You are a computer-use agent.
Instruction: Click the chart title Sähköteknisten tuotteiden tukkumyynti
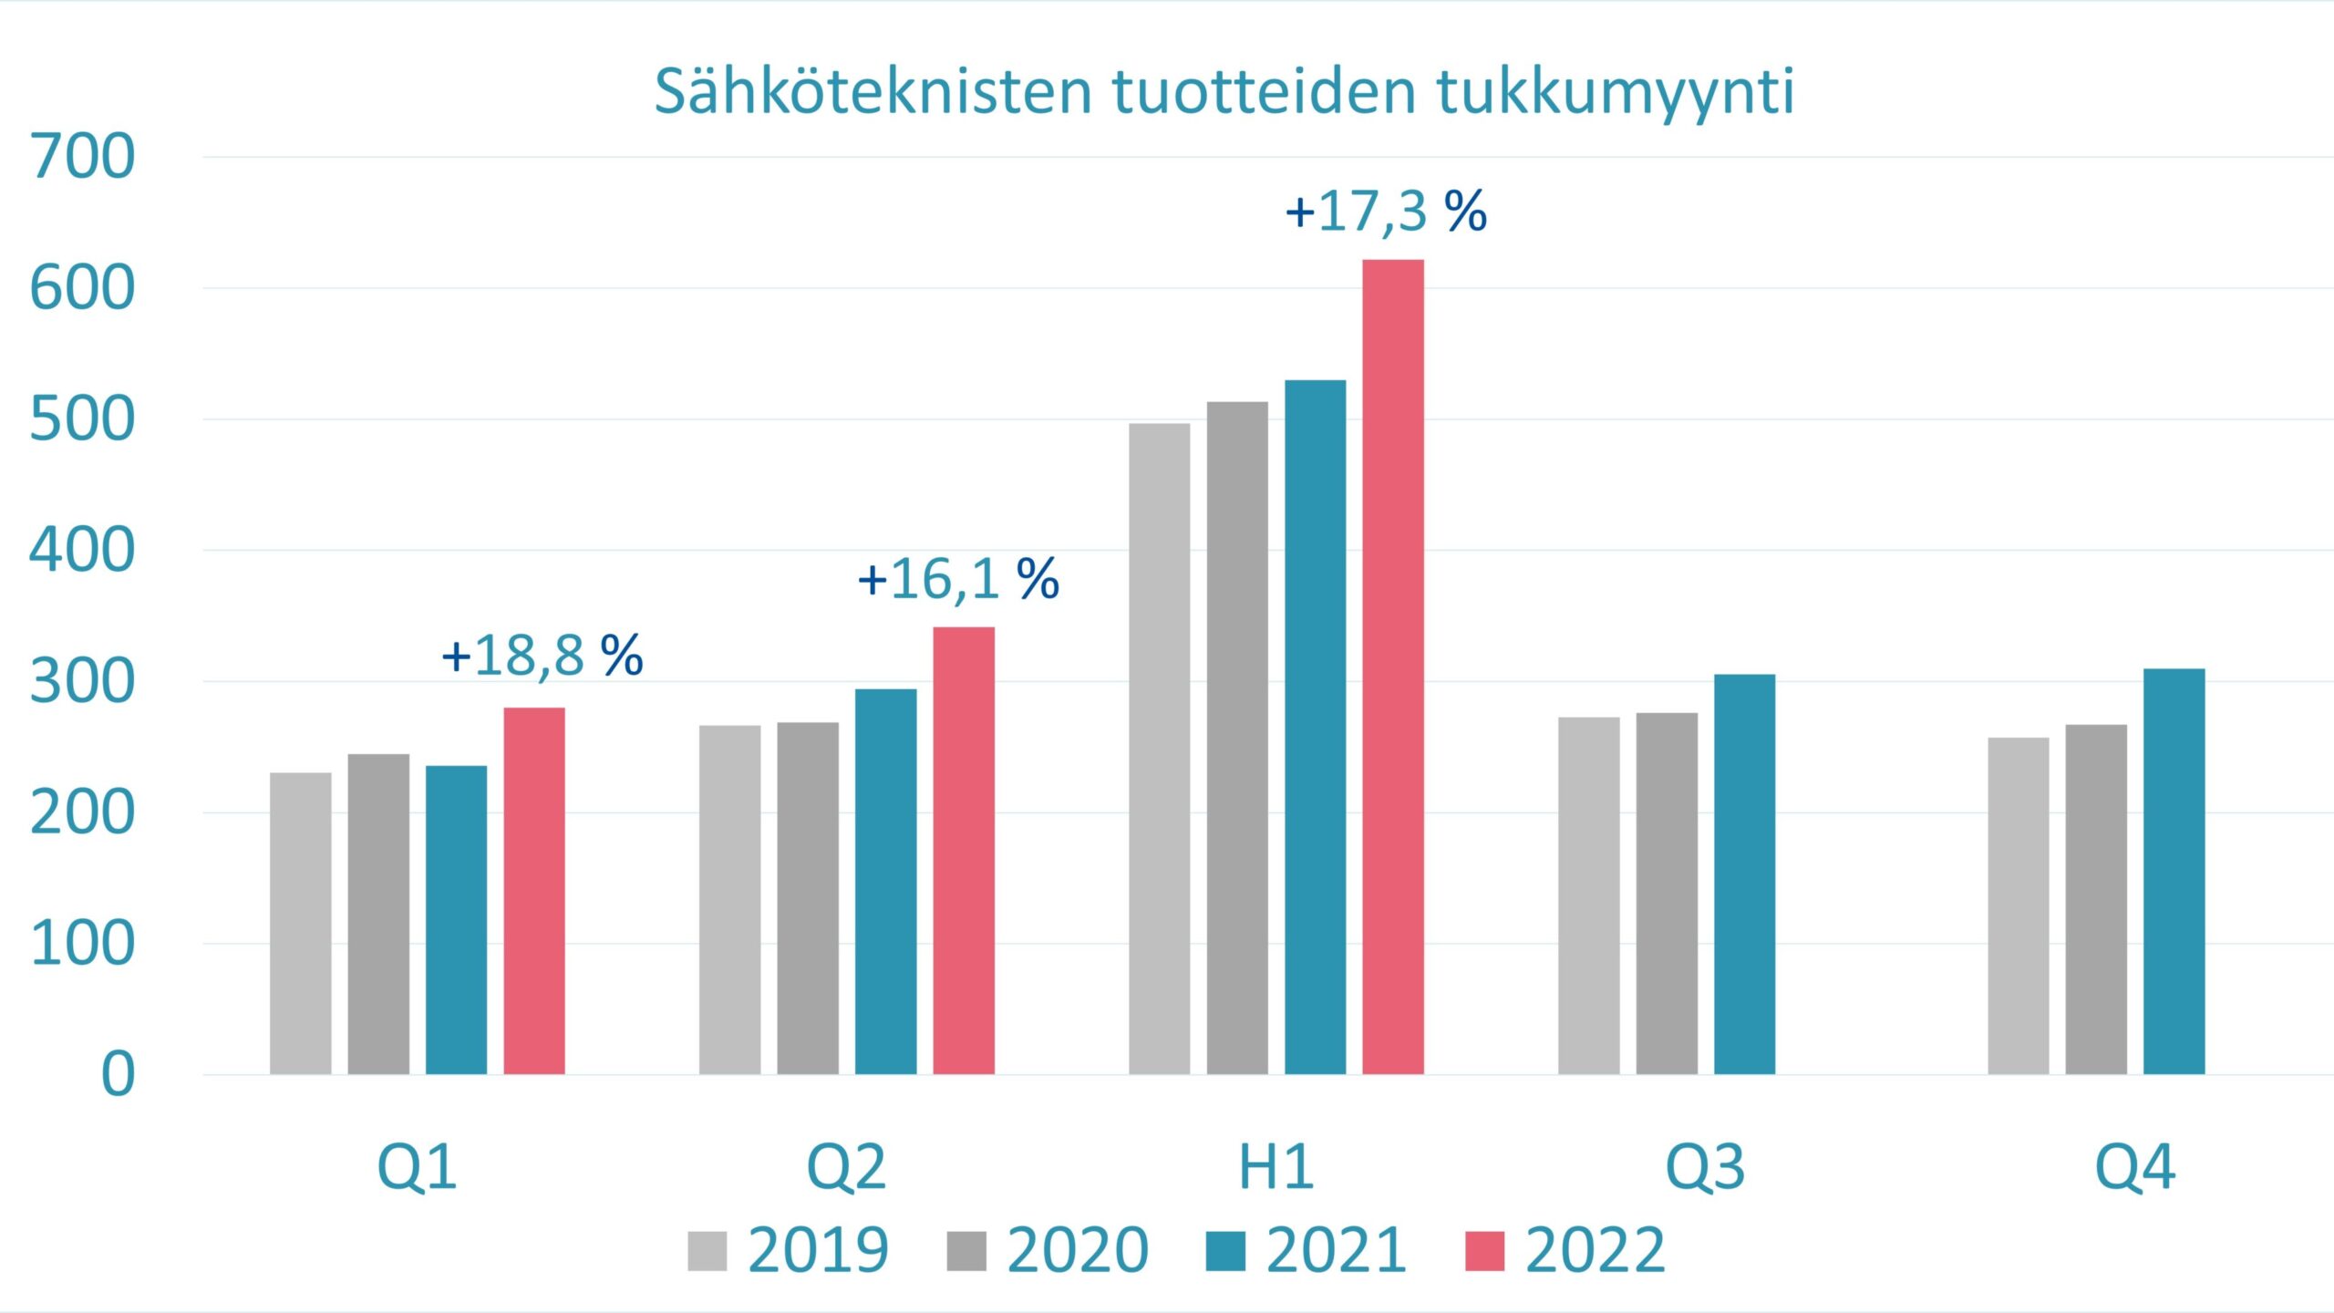(x=1224, y=91)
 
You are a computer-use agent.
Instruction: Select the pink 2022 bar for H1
(x=1393, y=667)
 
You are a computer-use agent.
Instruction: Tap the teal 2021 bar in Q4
(x=2174, y=871)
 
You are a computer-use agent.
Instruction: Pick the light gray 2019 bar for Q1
(x=301, y=923)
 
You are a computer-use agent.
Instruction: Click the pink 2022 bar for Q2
(x=964, y=850)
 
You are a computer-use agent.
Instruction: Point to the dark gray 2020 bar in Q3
(x=1667, y=893)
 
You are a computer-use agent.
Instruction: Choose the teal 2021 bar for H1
(x=1315, y=727)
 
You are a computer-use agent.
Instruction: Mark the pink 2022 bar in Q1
(x=534, y=890)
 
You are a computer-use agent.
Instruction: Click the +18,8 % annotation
(x=542, y=656)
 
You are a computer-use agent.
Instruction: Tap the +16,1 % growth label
(x=958, y=579)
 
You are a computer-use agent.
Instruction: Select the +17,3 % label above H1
(x=1386, y=212)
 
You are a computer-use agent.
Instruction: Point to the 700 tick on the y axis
(x=83, y=157)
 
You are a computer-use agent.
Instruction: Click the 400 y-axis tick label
(x=83, y=551)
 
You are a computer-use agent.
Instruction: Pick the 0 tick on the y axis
(x=118, y=1074)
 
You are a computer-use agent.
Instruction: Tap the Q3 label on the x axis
(x=1705, y=1167)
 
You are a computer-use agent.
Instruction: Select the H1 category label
(x=1275, y=1167)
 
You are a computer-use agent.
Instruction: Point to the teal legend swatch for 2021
(x=1225, y=1251)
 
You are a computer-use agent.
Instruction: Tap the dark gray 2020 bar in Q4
(x=2096, y=899)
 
